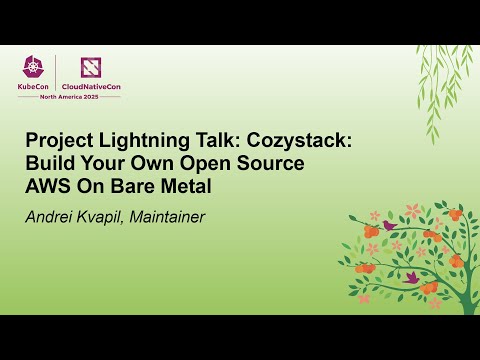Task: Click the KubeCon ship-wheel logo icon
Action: click(34, 68)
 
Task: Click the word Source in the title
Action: click(269, 164)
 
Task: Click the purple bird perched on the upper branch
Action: click(388, 226)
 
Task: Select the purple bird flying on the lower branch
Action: click(411, 276)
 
